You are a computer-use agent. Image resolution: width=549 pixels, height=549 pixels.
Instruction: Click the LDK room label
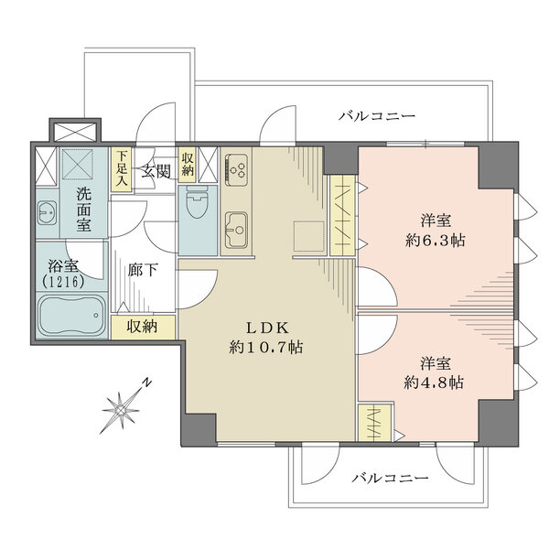point(267,327)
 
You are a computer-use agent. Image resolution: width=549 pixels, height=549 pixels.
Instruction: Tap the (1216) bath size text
point(65,283)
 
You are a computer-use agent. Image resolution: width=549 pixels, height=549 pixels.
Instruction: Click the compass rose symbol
point(121,409)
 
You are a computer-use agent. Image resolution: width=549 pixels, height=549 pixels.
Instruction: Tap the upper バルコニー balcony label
point(376,116)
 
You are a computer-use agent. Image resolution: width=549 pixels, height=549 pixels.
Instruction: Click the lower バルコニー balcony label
point(389,479)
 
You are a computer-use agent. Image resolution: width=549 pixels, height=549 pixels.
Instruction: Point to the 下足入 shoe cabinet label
point(121,169)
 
